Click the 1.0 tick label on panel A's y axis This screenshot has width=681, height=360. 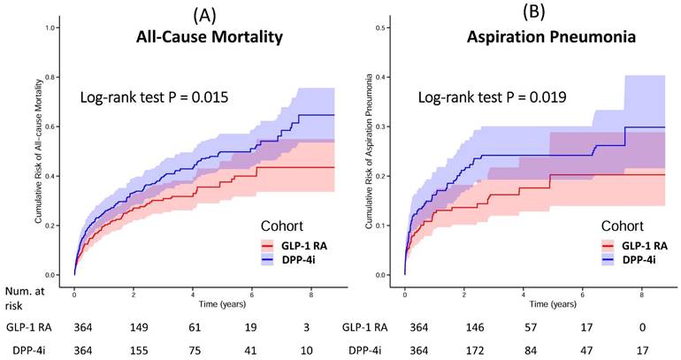[54, 28]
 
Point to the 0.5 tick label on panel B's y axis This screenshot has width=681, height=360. [385, 28]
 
